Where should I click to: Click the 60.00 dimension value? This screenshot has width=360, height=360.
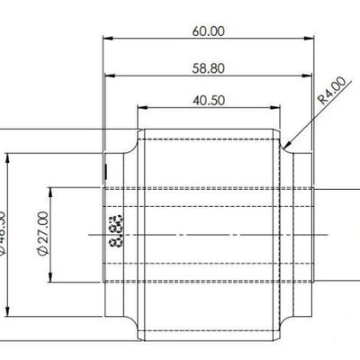[x=208, y=31]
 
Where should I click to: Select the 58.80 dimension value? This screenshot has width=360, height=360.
[x=208, y=67]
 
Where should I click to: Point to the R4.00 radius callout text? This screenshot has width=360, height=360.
[x=331, y=92]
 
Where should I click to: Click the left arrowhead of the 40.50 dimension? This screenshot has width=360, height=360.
[x=140, y=108]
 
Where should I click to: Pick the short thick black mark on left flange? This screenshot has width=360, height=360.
[x=106, y=171]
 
